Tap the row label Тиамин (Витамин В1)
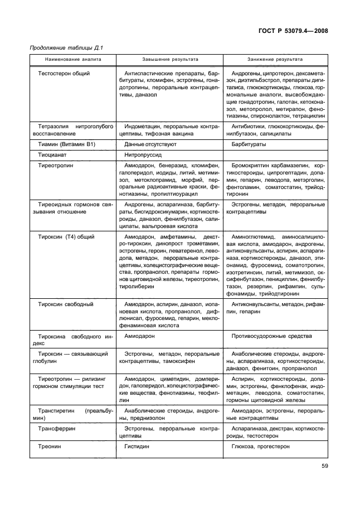(x=64, y=144)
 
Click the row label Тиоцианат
(x=53, y=155)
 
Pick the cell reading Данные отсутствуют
(x=150, y=144)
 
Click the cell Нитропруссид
(x=144, y=155)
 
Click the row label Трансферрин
(x=57, y=429)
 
